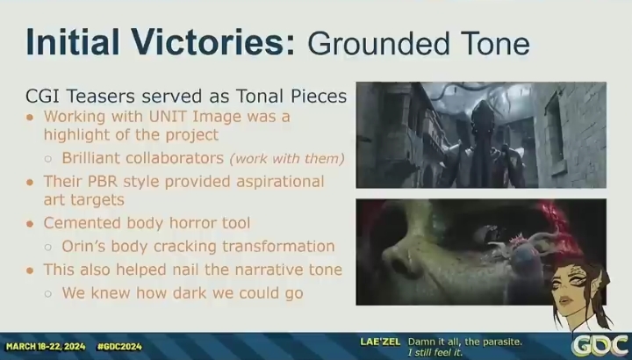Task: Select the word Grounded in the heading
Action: tap(379, 43)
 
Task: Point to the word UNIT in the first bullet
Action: tap(168, 117)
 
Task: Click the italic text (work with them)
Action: tap(287, 158)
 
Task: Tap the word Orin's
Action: tap(84, 246)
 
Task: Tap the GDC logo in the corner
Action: tap(601, 346)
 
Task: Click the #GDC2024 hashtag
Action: tap(119, 346)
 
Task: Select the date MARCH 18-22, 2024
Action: tap(46, 346)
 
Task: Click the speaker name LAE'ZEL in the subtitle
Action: tap(380, 342)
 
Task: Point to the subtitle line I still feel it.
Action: tap(434, 353)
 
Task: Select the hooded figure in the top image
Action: tap(483, 145)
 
